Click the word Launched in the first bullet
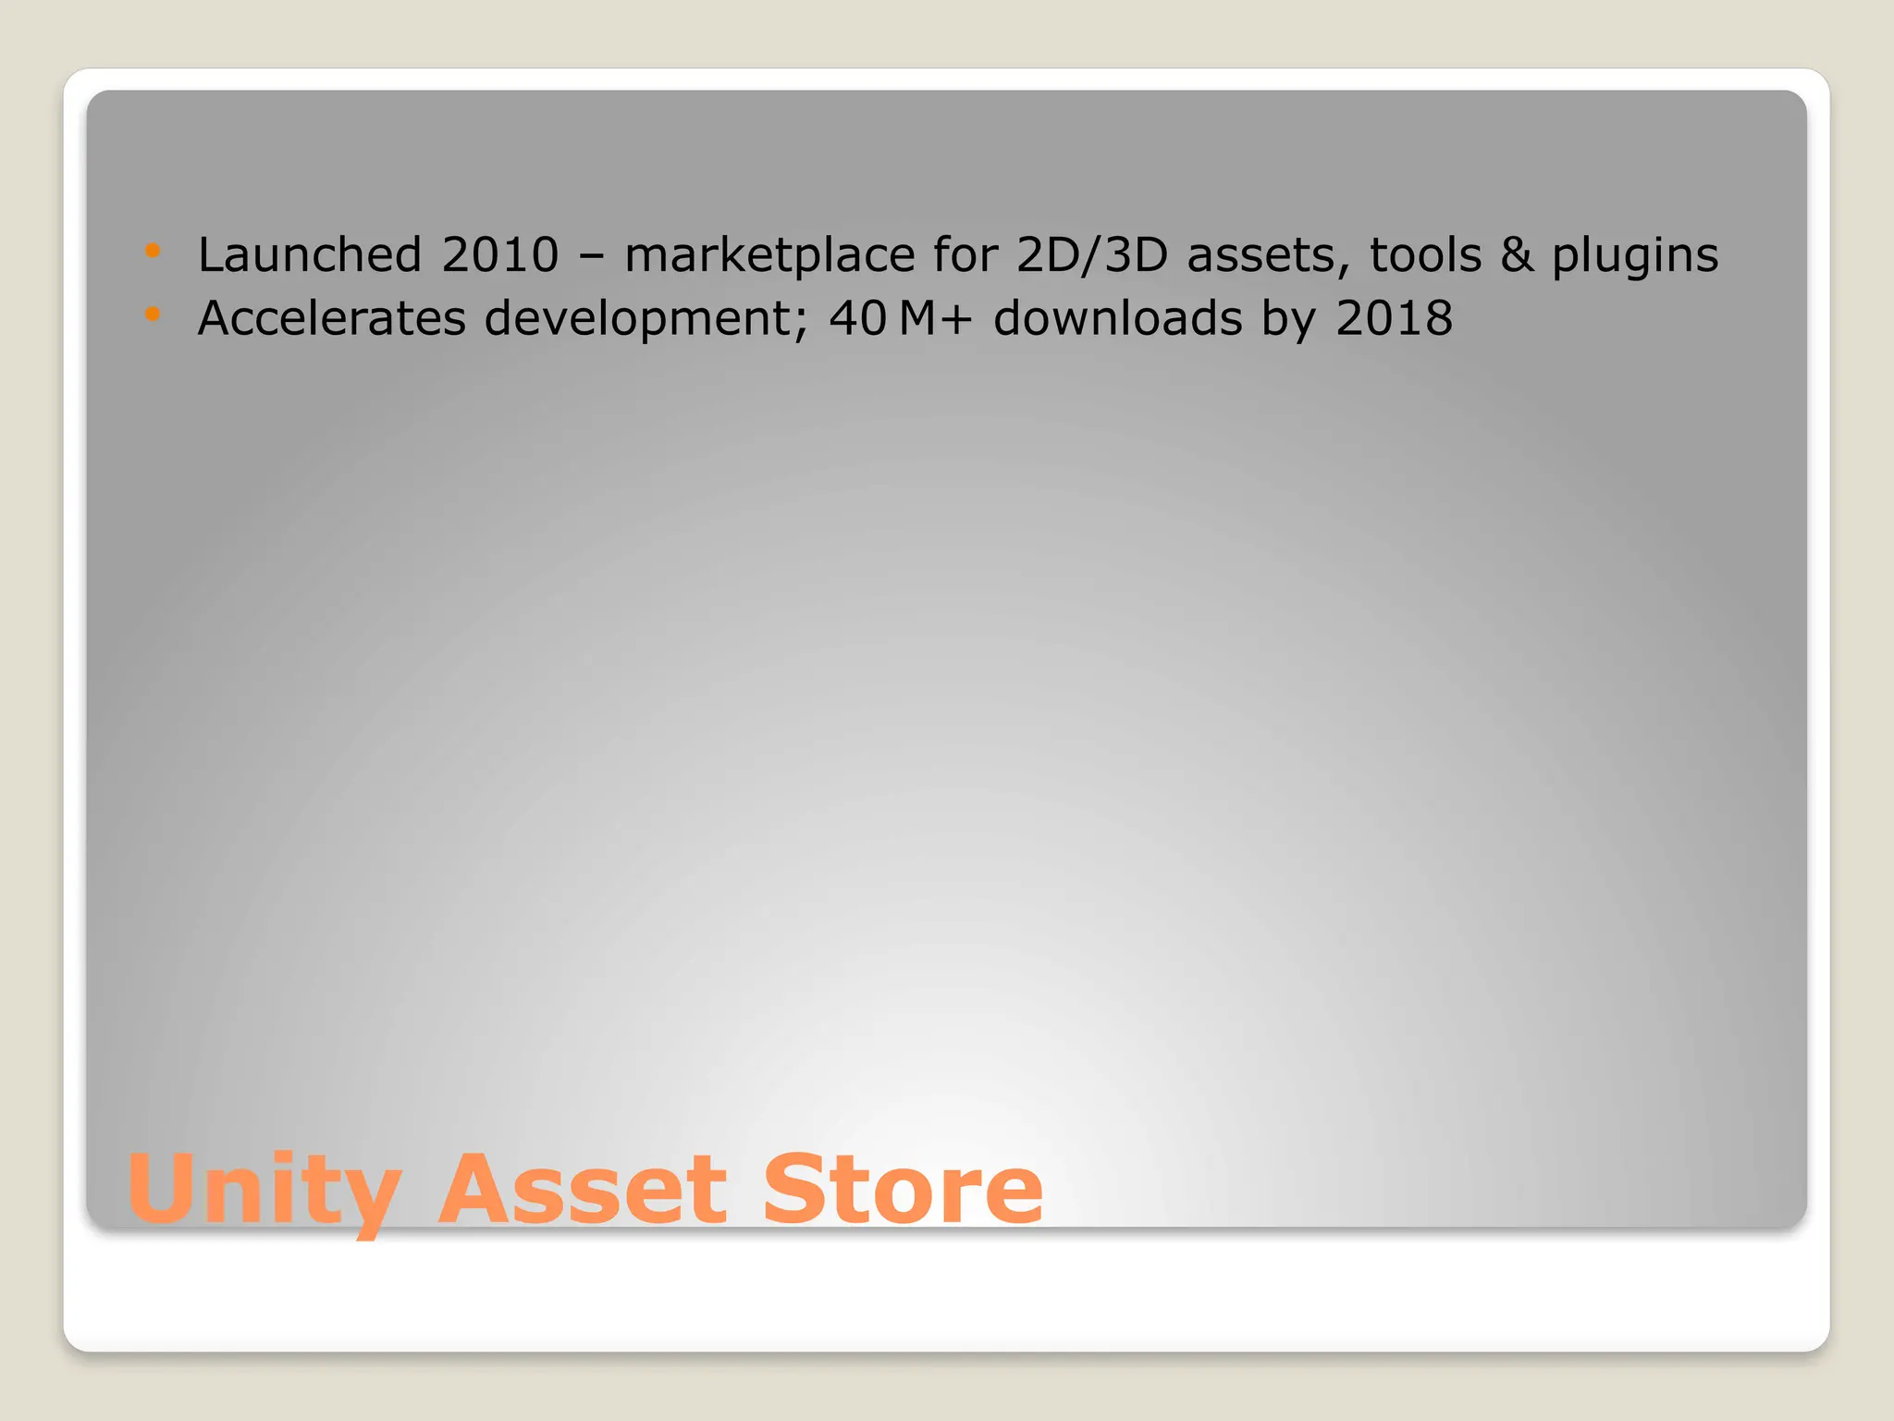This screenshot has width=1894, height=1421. click(x=310, y=254)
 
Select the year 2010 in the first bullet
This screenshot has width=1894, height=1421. click(x=500, y=254)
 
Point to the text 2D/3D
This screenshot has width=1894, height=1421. click(x=1092, y=254)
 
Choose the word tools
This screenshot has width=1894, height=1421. click(x=1425, y=254)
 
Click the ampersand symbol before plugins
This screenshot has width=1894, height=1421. click(x=1517, y=254)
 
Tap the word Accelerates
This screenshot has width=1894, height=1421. click(x=332, y=318)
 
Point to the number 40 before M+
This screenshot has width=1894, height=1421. click(x=858, y=318)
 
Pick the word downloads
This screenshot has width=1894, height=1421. click(x=1118, y=318)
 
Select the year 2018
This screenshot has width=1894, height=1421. click(x=1394, y=318)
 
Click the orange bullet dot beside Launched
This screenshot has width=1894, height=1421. click(x=153, y=250)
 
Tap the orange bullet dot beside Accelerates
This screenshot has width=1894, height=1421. click(x=153, y=315)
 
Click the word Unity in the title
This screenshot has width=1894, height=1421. click(x=264, y=1191)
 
